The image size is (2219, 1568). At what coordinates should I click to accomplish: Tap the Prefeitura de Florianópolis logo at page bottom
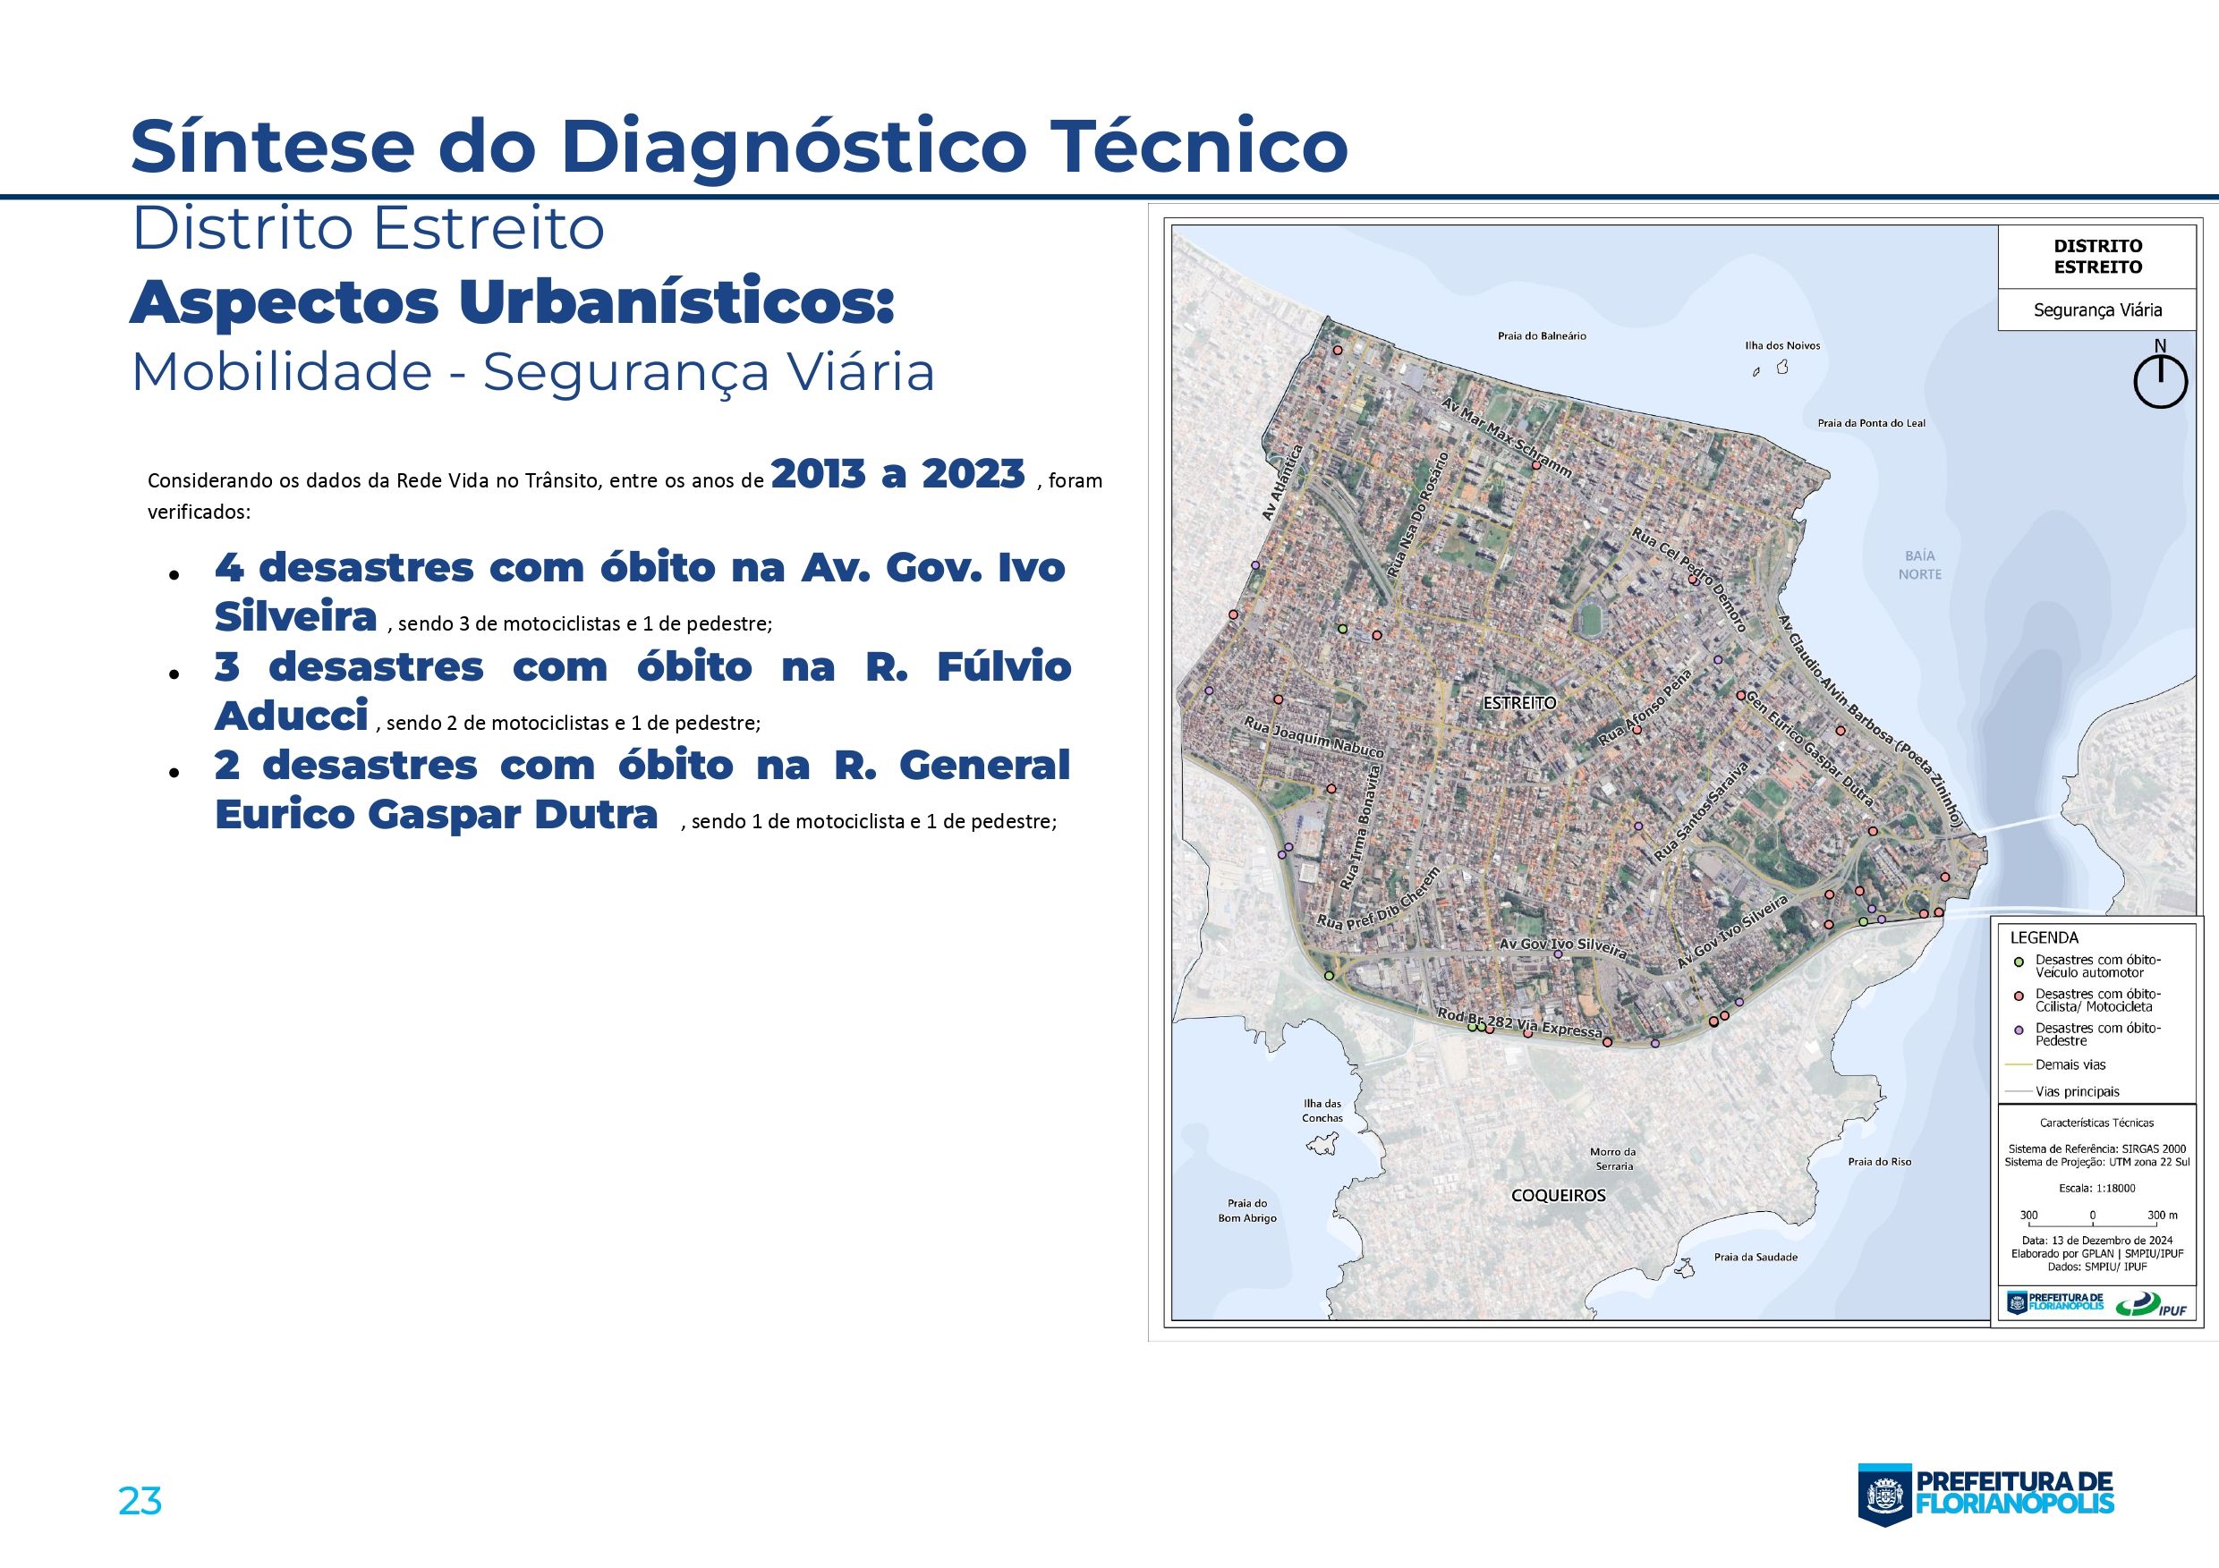[1986, 1493]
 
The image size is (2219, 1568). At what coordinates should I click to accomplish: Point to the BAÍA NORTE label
[1919, 565]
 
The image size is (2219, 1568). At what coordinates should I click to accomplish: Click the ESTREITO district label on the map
[1520, 702]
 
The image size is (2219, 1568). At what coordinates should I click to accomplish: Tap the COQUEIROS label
[1558, 1195]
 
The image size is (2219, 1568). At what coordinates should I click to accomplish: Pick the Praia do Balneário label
[1542, 336]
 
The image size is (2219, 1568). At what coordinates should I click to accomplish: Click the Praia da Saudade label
[1756, 1257]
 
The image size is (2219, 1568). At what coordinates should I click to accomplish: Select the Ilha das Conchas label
[1322, 1111]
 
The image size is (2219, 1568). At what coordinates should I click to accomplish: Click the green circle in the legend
[2017, 962]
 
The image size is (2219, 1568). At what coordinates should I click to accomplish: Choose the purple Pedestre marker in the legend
[2017, 1030]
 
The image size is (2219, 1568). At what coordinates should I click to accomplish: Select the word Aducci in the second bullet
[291, 715]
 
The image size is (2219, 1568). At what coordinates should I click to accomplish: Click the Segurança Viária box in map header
[2096, 310]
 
